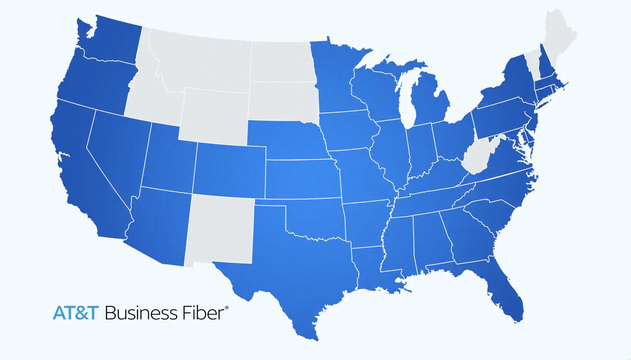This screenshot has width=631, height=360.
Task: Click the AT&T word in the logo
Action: tap(76, 313)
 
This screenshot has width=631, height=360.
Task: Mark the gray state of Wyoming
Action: tap(214, 116)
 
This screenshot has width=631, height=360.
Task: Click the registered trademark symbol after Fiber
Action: tap(227, 308)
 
